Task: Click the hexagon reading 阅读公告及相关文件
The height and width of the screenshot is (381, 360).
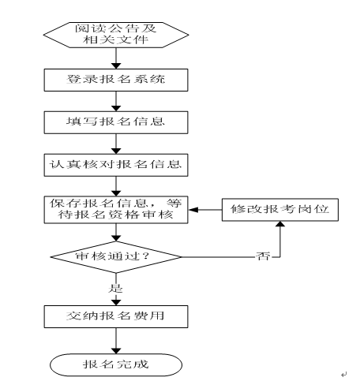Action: [116, 35]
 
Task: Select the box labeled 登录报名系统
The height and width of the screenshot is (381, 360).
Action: [116, 80]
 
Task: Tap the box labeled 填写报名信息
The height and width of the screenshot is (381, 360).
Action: [116, 122]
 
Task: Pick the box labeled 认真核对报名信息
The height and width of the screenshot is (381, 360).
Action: [116, 165]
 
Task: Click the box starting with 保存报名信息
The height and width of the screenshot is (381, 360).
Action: [116, 210]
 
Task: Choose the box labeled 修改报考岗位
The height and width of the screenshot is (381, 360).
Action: [280, 210]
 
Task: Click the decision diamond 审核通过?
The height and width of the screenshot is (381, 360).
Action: [116, 257]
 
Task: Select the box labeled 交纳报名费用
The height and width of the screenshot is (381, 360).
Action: [116, 316]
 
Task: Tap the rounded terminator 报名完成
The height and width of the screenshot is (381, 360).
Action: [116, 364]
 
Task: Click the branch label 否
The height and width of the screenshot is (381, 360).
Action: [263, 256]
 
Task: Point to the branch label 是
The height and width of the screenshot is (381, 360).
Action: [115, 289]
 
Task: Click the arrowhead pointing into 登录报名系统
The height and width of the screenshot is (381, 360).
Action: [116, 65]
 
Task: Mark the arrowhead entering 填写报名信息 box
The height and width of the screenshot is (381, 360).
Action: [116, 108]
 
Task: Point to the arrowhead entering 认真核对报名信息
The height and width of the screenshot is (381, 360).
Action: [116, 151]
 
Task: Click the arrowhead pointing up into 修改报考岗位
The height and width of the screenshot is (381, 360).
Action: [280, 224]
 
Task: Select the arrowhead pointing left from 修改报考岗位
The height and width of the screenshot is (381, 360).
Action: [193, 210]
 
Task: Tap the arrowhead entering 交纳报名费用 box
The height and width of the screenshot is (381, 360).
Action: [116, 302]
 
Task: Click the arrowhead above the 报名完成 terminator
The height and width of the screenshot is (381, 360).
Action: [116, 351]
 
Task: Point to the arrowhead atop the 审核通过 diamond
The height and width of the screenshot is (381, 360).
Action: [116, 238]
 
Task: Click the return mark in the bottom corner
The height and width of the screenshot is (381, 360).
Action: [344, 374]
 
